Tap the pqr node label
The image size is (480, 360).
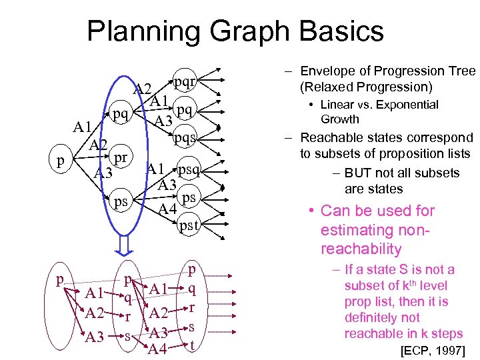click(185, 82)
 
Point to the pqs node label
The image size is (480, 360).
click(185, 138)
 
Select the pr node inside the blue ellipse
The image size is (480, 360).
click(121, 158)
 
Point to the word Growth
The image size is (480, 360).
click(340, 119)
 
